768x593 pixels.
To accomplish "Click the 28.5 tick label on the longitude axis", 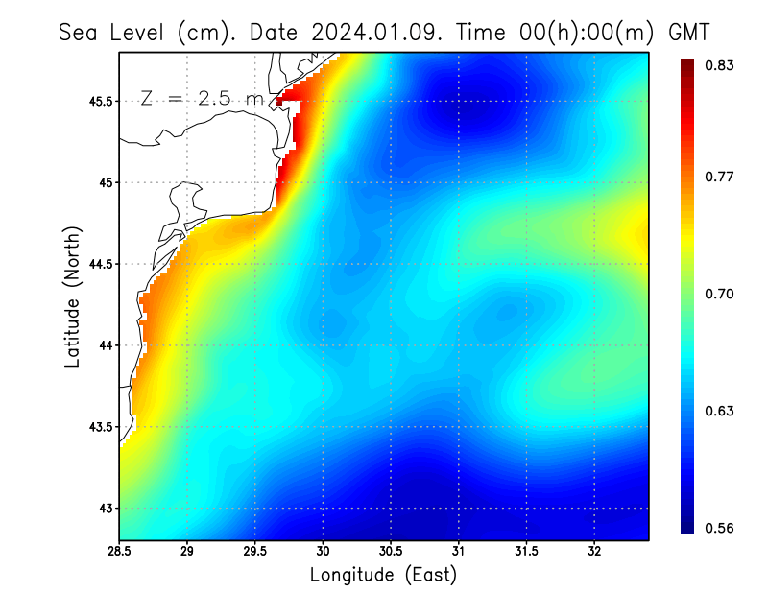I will click(x=119, y=551).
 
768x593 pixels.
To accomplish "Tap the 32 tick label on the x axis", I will click(x=594, y=551).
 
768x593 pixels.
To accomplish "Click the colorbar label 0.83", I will click(x=719, y=65).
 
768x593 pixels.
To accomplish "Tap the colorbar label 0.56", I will click(x=719, y=528).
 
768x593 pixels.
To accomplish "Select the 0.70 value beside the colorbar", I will click(x=719, y=294).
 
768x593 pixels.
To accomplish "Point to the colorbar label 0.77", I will click(x=719, y=177).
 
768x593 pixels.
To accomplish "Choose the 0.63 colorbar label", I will click(x=719, y=411).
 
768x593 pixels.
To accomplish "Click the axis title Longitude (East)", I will click(x=383, y=575).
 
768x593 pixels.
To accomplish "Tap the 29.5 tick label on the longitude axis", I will click(x=255, y=551).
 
